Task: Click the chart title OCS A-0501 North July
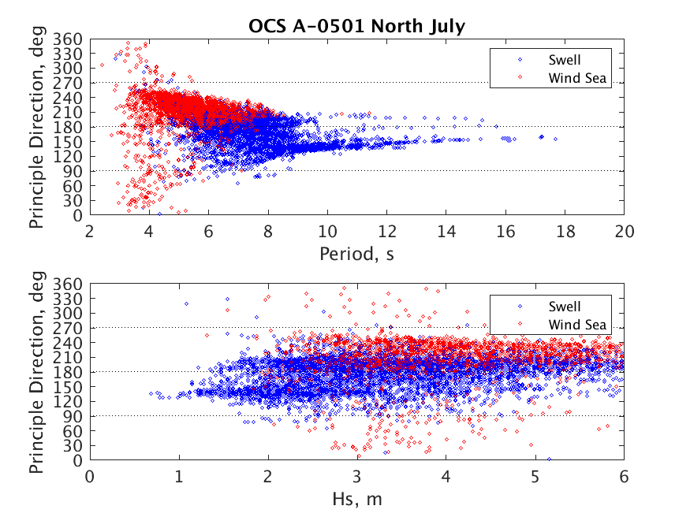[x=356, y=26]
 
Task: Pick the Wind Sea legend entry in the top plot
[x=578, y=77]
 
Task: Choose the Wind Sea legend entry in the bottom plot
[x=578, y=324]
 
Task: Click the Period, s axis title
[x=356, y=254]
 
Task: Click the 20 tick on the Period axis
[x=624, y=232]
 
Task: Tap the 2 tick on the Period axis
[x=90, y=232]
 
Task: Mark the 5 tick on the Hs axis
[x=535, y=476]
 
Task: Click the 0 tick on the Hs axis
[x=90, y=476]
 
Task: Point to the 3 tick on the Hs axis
[x=356, y=476]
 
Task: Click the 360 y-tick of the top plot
[x=70, y=38]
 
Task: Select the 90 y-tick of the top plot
[x=73, y=170]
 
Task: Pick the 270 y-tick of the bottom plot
[x=70, y=327]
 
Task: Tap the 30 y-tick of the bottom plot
[x=73, y=445]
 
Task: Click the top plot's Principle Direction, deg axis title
[x=38, y=126]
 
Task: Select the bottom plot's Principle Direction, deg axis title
[x=38, y=371]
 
